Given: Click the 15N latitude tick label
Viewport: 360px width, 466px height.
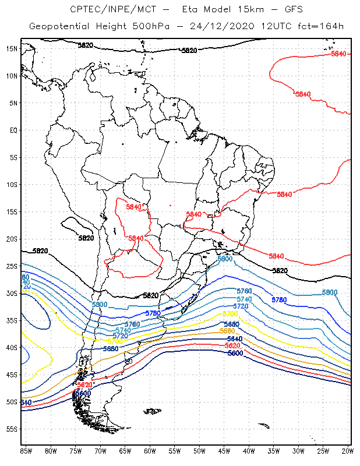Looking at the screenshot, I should pyautogui.click(x=12, y=48).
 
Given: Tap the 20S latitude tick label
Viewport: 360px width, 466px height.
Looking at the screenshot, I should pyautogui.click(x=12, y=239).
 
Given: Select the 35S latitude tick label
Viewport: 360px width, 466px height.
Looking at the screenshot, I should pyautogui.click(x=12, y=320).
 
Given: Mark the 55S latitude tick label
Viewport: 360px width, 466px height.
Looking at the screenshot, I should pyautogui.click(x=12, y=429).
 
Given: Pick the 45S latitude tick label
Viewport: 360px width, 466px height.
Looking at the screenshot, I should pyautogui.click(x=12, y=375).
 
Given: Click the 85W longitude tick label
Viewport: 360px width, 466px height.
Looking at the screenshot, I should pyautogui.click(x=26, y=451).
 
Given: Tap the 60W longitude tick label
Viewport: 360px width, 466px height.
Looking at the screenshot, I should pyautogui.click(x=150, y=451).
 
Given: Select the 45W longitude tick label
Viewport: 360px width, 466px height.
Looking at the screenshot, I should pyautogui.click(x=224, y=451).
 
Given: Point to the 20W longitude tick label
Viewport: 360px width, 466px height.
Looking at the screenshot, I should pyautogui.click(x=348, y=451).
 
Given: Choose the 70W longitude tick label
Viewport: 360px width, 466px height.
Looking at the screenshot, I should pyautogui.click(x=100, y=451).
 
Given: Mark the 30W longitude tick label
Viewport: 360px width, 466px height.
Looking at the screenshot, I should pyautogui.click(x=298, y=451).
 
